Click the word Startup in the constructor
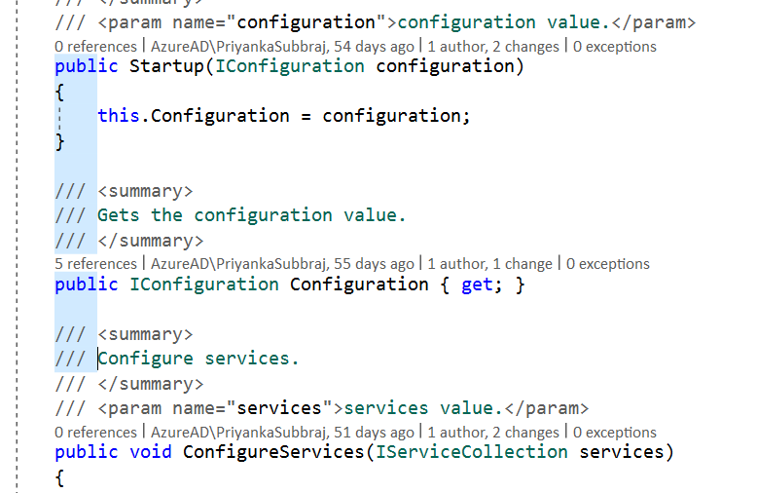166,66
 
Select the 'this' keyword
119,116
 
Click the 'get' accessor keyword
477,285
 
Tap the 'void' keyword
151,452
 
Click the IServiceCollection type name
472,452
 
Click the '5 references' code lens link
95,264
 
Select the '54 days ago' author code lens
282,47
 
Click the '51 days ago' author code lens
282,432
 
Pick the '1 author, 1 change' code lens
489,264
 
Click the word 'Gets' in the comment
119,215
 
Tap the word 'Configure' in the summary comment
145,360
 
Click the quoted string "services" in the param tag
279,408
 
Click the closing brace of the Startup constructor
60,141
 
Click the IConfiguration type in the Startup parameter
290,66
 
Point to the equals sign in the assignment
306,117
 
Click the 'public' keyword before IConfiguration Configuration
87,285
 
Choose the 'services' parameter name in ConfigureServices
622,452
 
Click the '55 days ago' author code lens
282,264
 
